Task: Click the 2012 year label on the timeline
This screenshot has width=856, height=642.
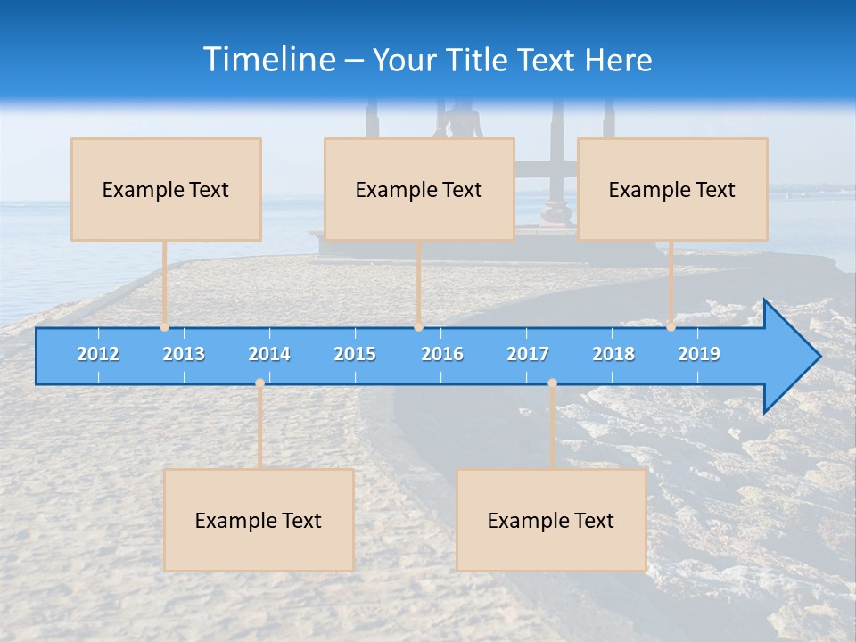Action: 98,354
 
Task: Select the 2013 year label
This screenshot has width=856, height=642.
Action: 184,354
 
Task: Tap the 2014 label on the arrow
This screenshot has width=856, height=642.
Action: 269,354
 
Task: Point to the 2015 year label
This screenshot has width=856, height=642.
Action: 355,354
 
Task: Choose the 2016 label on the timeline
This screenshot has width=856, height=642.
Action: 442,354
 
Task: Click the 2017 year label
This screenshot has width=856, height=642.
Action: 528,354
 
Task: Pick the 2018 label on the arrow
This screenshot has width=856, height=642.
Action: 613,354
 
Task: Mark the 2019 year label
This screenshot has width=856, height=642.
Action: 699,354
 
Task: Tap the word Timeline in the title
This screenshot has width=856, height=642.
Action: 267,60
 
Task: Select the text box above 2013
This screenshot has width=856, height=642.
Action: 166,189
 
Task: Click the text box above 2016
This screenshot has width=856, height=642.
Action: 419,189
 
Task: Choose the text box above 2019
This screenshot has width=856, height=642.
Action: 672,189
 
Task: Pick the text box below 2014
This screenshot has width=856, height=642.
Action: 259,520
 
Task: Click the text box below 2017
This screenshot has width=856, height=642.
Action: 551,520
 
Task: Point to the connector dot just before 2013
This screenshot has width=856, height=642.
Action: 164,327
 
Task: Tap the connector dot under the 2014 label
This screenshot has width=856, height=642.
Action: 259,383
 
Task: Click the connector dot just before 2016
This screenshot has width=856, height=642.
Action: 418,327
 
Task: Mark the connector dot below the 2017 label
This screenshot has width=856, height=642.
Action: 552,383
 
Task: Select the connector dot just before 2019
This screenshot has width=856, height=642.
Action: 671,327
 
